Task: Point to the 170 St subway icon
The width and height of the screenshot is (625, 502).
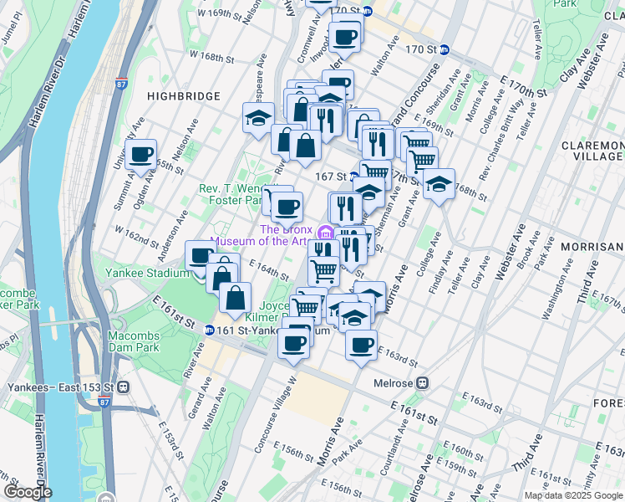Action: point(445,49)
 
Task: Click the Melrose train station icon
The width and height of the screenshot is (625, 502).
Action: point(423,382)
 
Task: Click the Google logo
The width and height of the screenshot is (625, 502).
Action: point(27,492)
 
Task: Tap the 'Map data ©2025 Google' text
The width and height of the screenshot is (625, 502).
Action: point(572,495)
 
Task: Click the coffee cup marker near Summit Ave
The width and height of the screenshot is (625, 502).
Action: point(141,154)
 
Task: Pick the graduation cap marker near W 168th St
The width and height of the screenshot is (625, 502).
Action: point(259,118)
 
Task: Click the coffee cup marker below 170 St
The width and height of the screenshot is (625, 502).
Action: point(344,37)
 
